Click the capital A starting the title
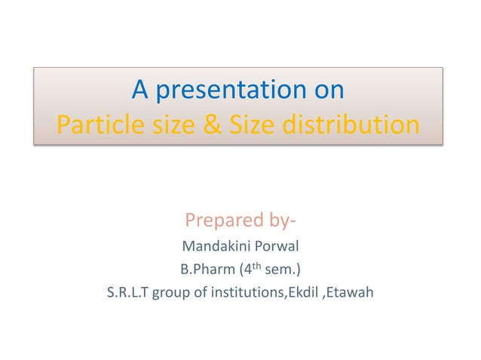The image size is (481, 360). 140,90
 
